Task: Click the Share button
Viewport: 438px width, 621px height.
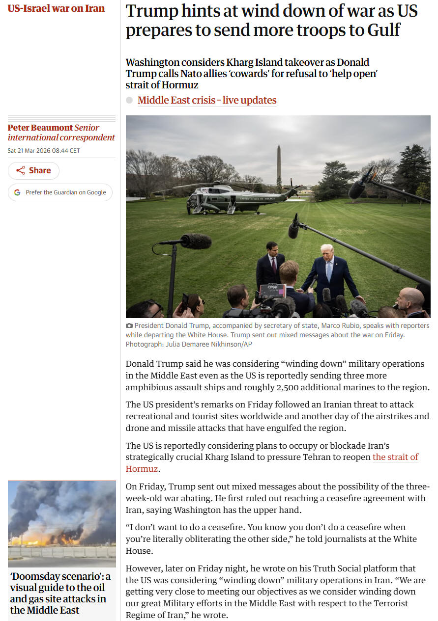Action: [x=33, y=170]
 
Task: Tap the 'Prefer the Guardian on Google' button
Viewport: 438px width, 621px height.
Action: [x=60, y=192]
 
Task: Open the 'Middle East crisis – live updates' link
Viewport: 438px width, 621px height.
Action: [x=207, y=100]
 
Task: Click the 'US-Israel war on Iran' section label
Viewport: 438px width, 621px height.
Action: [x=56, y=8]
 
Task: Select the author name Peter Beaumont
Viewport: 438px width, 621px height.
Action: [x=40, y=128]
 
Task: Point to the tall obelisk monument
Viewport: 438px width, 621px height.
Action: [x=279, y=164]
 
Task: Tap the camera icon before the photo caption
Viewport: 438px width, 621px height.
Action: [x=129, y=325]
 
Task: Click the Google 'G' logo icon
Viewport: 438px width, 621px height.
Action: [x=17, y=192]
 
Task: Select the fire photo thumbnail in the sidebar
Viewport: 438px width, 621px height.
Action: [x=62, y=523]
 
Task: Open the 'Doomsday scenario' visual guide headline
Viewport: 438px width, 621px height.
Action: [x=59, y=593]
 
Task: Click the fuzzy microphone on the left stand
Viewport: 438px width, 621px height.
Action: [x=196, y=241]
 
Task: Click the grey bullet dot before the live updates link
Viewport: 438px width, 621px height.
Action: [x=129, y=100]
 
